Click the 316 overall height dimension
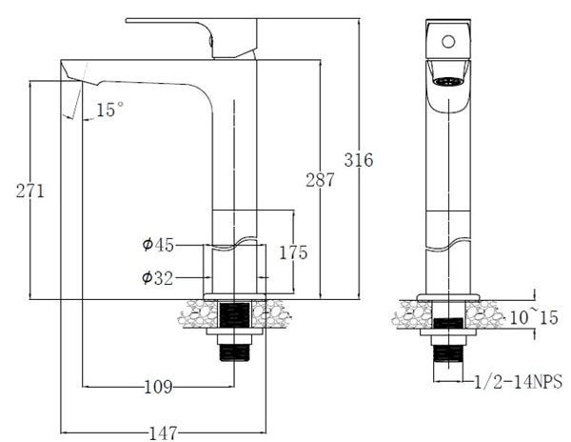click(359, 160)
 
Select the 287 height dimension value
click(320, 178)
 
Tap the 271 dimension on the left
click(30, 190)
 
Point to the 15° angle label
click(109, 110)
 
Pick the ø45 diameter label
click(158, 246)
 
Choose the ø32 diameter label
click(158, 277)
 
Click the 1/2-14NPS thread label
click(519, 382)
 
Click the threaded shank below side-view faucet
click(233, 353)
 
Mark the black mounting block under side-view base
click(233, 314)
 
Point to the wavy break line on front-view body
click(446, 245)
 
